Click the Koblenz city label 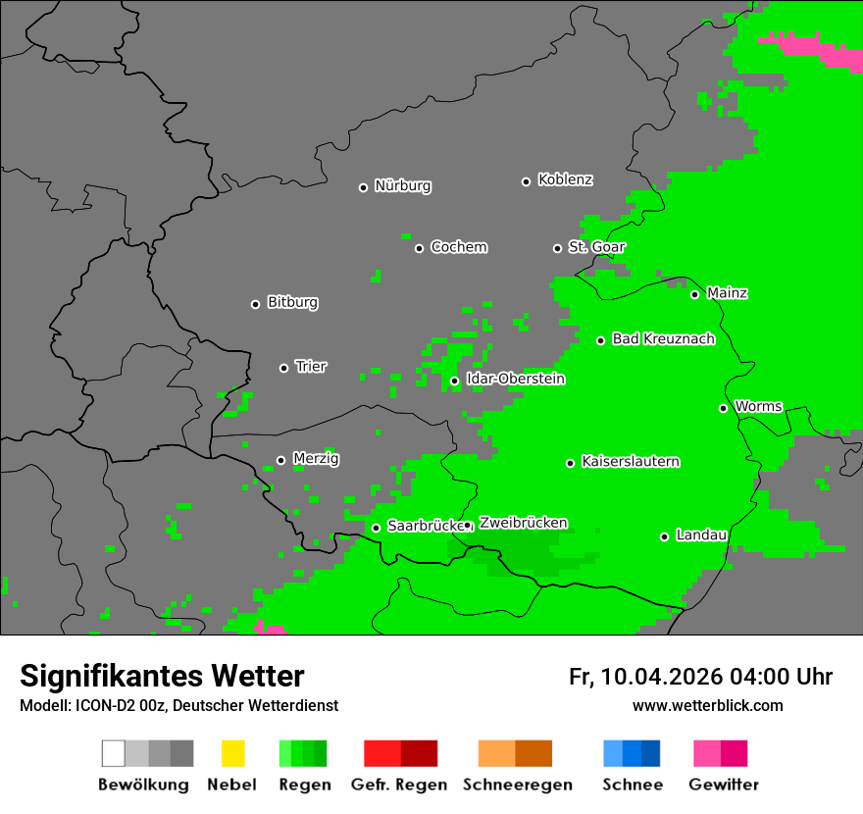point(565,180)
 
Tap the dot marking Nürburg point(363,187)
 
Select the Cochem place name point(458,247)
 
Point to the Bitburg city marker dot point(255,304)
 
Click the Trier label point(311,367)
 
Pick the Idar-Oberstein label point(515,380)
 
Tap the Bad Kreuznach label point(663,339)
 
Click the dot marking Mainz point(694,294)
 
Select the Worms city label point(758,407)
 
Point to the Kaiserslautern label point(630,462)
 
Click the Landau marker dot point(664,536)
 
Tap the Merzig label point(316,459)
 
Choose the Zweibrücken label point(523,524)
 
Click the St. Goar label point(596,247)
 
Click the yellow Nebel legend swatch point(232,753)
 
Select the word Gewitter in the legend point(724,785)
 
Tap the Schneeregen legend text point(518,785)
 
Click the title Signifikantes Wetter point(162,677)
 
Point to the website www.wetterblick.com point(708,706)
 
